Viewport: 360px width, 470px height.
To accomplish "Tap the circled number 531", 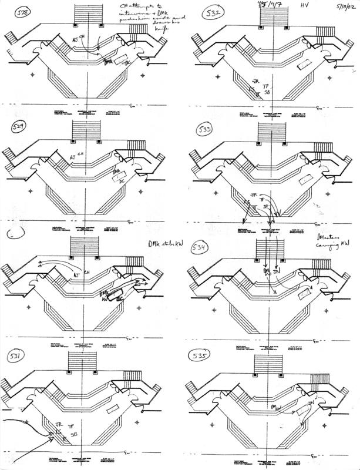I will coord(14,358).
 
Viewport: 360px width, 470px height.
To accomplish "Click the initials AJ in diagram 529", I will coord(73,157).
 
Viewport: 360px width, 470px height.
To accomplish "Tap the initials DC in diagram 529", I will coord(123,180).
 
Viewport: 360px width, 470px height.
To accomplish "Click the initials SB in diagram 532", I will coord(267,92).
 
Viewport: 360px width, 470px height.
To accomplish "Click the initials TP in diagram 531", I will coord(72,424).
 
